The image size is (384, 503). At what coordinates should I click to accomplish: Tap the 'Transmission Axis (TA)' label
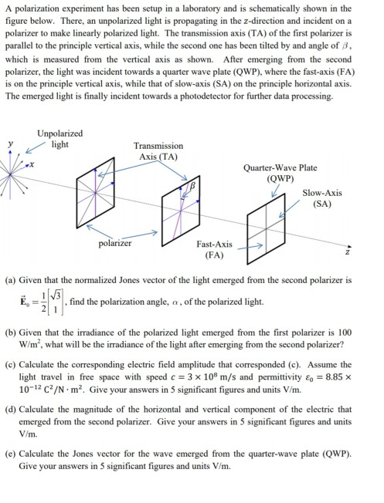(x=158, y=150)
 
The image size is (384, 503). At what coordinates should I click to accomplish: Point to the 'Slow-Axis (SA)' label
(x=322, y=198)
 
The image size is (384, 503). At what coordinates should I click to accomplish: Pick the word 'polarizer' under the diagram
(x=115, y=244)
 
